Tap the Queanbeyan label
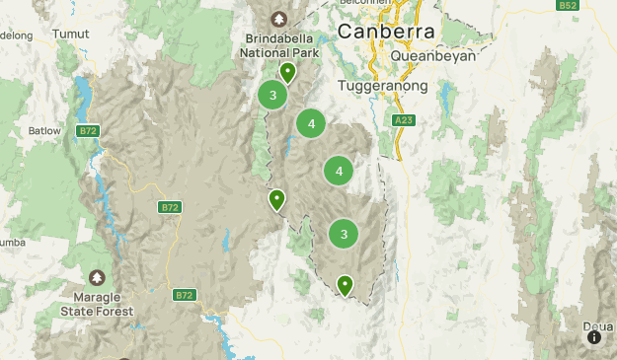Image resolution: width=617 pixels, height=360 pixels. tap(433, 56)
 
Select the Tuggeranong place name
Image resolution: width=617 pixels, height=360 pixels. tap(382, 86)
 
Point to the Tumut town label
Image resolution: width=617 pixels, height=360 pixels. tap(69, 33)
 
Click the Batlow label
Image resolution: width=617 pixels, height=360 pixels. tap(44, 130)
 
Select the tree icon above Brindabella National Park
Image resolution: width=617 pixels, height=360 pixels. tap(277, 19)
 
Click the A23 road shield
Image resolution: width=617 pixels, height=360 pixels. tap(402, 120)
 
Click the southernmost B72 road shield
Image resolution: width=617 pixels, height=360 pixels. tap(184, 295)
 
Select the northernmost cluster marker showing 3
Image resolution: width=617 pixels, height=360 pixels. tap(272, 96)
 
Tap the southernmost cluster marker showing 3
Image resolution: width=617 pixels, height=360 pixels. tap(344, 234)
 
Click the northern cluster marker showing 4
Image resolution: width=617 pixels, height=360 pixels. tap(311, 123)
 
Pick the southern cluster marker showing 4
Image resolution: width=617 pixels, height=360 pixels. tap(339, 171)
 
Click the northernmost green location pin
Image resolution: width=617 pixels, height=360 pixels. tap(287, 72)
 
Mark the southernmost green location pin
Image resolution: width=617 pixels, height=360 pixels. tap(345, 285)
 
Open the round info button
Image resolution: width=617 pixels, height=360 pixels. tap(594, 337)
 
